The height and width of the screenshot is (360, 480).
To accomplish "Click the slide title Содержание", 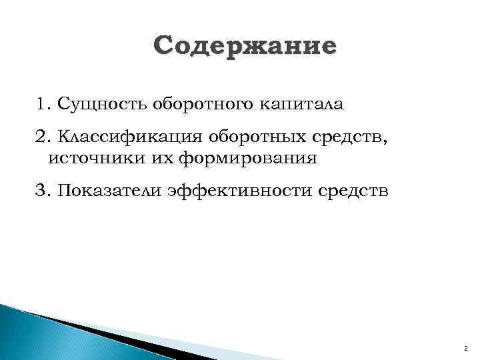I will (x=245, y=47).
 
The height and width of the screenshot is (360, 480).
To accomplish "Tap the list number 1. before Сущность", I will (x=45, y=105).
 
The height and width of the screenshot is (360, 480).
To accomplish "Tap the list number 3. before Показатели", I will (x=45, y=192).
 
